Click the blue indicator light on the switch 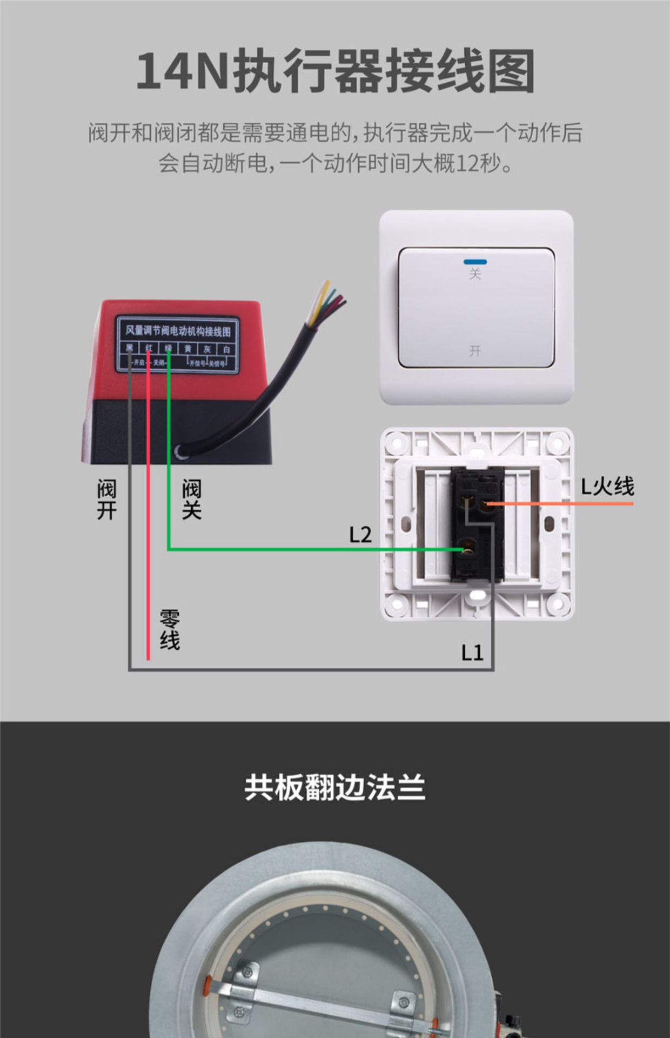pyautogui.click(x=475, y=262)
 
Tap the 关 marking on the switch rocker pyautogui.click(x=475, y=274)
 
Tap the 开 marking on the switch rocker pyautogui.click(x=475, y=351)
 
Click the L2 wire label pyautogui.click(x=360, y=535)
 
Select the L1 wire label pyautogui.click(x=472, y=653)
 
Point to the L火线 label pyautogui.click(x=607, y=487)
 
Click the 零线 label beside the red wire pyautogui.click(x=170, y=630)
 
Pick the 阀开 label pyautogui.click(x=107, y=500)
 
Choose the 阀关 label pyautogui.click(x=192, y=500)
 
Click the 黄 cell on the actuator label pyautogui.click(x=188, y=349)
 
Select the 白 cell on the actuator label pyautogui.click(x=227, y=349)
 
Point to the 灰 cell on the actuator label pyautogui.click(x=207, y=349)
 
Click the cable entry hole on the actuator pyautogui.click(x=180, y=451)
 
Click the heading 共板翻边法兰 pyautogui.click(x=335, y=787)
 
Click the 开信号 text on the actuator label pyautogui.click(x=197, y=363)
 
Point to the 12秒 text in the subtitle pyautogui.click(x=479, y=163)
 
